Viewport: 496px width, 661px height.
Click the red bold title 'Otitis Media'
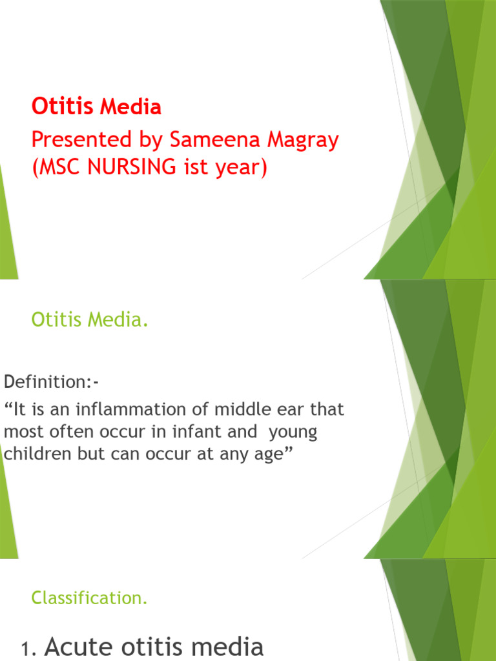[x=96, y=107]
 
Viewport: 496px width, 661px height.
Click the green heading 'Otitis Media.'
[x=90, y=320]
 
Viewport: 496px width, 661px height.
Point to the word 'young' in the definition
[x=294, y=432]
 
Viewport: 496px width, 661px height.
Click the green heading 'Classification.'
[x=90, y=598]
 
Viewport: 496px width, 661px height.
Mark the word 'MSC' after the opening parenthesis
[x=59, y=167]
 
